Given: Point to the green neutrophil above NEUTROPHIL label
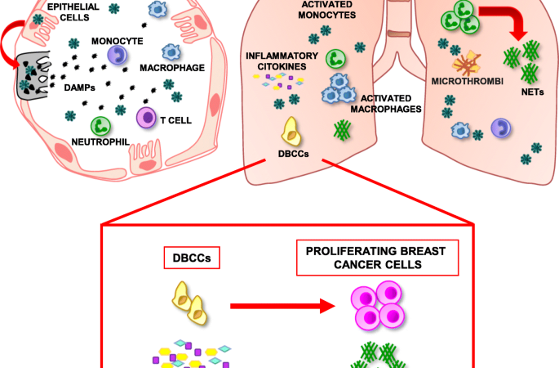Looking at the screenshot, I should (x=101, y=125).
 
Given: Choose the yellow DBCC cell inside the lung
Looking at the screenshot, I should (x=291, y=128).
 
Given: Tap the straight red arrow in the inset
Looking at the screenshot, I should (x=282, y=307).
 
